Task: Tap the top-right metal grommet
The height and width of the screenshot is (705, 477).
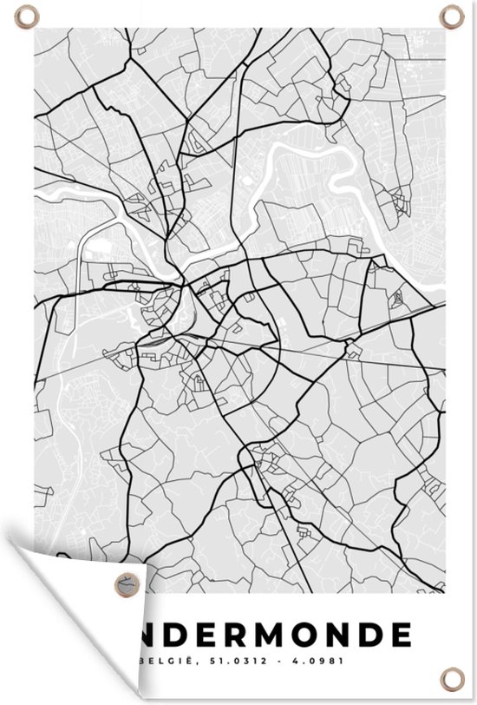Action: pyautogui.click(x=453, y=16)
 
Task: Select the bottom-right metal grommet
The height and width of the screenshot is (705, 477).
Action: pyautogui.click(x=452, y=675)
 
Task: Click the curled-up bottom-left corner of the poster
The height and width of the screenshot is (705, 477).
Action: pyautogui.click(x=52, y=564)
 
